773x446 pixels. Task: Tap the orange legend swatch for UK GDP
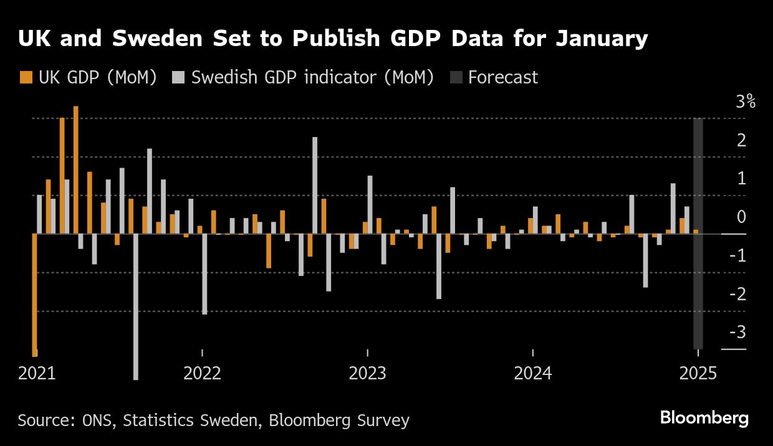(26, 77)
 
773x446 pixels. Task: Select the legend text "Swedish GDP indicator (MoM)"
(312, 77)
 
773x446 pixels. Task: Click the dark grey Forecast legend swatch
(456, 77)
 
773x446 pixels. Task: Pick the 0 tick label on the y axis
(741, 217)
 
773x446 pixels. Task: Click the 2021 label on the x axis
(37, 374)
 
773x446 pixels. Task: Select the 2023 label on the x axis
(367, 374)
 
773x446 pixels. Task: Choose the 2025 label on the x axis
(698, 374)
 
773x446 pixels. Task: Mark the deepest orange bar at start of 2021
(34, 293)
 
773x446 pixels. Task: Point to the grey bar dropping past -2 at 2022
(204, 274)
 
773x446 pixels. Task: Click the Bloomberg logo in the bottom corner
(704, 418)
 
